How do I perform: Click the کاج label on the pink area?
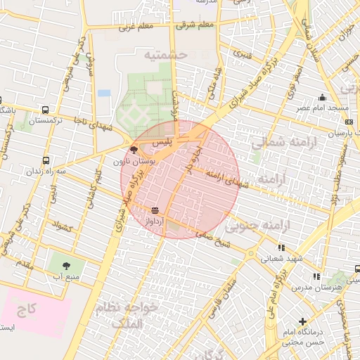[27, 309]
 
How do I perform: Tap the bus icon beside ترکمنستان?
[46, 110]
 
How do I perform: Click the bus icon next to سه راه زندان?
[46, 160]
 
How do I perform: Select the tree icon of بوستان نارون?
[134, 150]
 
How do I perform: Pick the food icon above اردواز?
[155, 210]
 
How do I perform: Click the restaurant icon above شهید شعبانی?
[282, 247]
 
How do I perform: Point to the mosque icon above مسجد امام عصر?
[322, 98]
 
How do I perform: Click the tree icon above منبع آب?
[66, 266]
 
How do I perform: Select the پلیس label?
[162, 142]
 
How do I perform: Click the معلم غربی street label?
[136, 27]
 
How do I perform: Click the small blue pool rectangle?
[104, 93]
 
